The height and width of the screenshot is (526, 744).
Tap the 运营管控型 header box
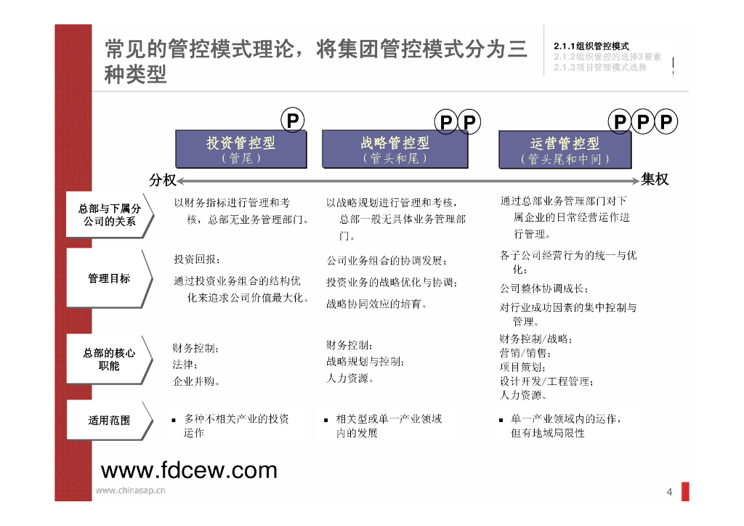(x=565, y=150)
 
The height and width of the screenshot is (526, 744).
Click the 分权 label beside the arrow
(x=162, y=180)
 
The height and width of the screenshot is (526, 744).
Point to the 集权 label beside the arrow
(x=654, y=179)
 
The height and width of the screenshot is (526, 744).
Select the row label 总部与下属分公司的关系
(x=109, y=214)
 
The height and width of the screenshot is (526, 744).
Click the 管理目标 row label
(x=109, y=278)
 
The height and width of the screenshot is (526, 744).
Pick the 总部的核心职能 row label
(x=109, y=359)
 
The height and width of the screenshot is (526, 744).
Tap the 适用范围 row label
(x=109, y=420)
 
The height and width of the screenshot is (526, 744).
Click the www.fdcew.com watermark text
(x=189, y=470)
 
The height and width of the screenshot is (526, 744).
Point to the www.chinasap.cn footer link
(x=131, y=490)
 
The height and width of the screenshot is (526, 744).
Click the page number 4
(x=669, y=493)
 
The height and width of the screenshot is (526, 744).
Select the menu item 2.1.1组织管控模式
(x=591, y=46)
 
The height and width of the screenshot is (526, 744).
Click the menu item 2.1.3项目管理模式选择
(x=599, y=68)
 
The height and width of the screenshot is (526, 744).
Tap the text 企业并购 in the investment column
(x=196, y=381)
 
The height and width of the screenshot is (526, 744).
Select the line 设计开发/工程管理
(x=546, y=381)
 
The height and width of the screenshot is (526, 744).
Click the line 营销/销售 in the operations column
(x=525, y=353)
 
